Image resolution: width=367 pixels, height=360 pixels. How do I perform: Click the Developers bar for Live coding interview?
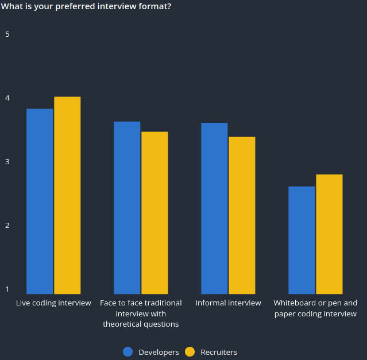tap(40, 201)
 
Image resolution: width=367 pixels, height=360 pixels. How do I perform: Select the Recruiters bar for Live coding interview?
tap(67, 195)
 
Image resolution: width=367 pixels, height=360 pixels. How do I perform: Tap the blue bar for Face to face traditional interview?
tap(127, 207)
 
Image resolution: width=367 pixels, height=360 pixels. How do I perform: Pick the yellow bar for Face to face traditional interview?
tap(154, 212)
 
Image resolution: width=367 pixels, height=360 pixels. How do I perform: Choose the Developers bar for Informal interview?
tap(214, 208)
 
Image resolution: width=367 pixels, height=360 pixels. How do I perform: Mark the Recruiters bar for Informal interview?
tap(242, 215)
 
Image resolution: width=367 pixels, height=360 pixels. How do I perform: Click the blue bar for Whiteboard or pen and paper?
tap(302, 240)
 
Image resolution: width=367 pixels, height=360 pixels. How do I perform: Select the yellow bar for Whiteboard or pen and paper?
tap(329, 234)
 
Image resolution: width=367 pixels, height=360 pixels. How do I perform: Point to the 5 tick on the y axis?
tap(7, 34)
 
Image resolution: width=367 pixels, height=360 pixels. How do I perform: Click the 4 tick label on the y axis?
tap(7, 98)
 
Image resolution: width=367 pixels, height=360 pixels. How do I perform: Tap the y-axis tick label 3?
tap(7, 161)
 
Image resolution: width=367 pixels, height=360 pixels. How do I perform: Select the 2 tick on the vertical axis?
tap(7, 225)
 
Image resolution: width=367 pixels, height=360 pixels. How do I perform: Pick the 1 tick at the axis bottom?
tap(7, 289)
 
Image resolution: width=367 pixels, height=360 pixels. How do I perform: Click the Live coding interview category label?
tap(53, 303)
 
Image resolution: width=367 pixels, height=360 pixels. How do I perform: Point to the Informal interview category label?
tap(228, 303)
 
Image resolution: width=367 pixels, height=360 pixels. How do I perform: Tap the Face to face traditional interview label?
tap(141, 313)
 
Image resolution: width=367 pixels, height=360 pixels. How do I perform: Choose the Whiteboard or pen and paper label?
tap(315, 308)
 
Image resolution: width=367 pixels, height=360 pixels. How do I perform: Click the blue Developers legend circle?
tap(128, 352)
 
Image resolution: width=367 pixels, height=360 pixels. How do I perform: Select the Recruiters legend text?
tap(219, 352)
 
